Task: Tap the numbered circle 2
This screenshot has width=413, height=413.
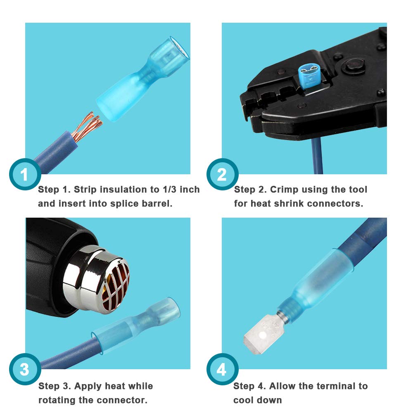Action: pos(222,174)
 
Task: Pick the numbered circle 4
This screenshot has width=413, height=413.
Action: pos(222,369)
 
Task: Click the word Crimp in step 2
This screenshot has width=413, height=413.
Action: pos(283,190)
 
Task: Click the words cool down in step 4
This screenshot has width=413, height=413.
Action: pos(258,400)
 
